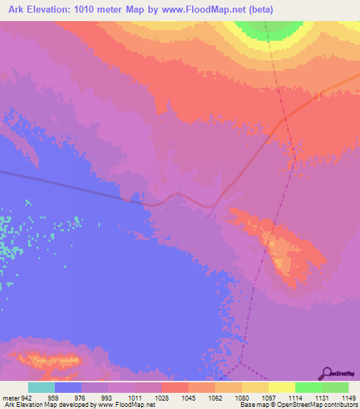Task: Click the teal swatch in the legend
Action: coord(41,387)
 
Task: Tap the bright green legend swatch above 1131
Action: coord(308,387)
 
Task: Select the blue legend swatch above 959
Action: coord(68,387)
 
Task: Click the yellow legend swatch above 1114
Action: coord(281,387)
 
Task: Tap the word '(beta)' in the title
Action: coord(258,10)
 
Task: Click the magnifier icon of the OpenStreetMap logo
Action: coord(328,372)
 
